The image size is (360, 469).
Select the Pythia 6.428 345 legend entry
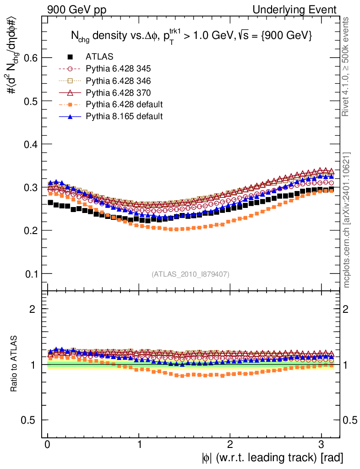[118, 69]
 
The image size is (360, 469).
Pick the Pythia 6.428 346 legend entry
[118, 81]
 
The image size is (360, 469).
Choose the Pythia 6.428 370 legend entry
[118, 93]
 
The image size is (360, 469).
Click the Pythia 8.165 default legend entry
[124, 116]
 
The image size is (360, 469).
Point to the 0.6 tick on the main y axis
[30, 58]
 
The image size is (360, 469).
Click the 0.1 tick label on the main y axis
[30, 274]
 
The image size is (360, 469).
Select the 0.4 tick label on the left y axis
[30, 144]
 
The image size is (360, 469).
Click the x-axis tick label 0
[48, 445]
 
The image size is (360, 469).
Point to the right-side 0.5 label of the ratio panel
[351, 420]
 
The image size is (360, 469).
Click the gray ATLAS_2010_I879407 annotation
[191, 274]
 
